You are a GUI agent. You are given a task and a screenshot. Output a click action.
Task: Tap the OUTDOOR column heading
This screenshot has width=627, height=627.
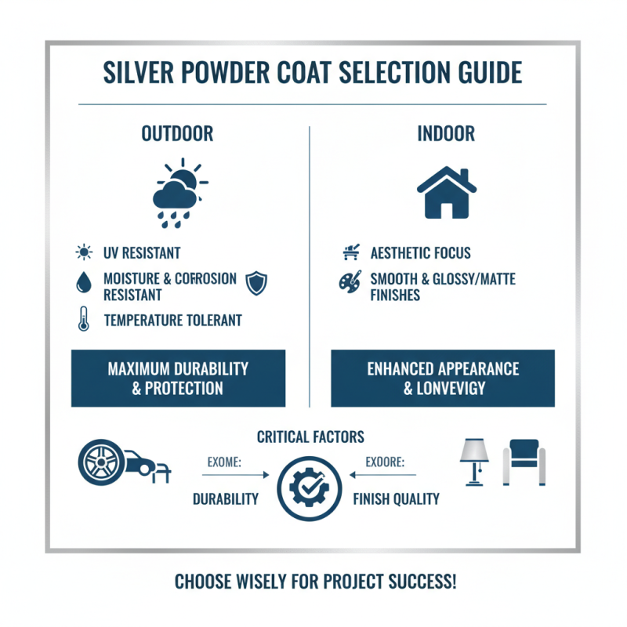coord(177,134)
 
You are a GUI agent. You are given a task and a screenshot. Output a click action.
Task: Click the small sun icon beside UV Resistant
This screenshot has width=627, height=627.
coord(82,252)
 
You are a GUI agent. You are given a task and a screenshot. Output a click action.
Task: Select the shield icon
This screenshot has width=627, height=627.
coord(256,283)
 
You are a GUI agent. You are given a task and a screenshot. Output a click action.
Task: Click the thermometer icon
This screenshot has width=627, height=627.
coord(83,320)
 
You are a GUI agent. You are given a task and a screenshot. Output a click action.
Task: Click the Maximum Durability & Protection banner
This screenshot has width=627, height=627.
coord(178,378)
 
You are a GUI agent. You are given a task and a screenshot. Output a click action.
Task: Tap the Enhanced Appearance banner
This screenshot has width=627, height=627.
coord(443,378)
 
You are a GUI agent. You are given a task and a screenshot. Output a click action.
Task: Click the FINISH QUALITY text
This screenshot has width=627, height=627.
coord(396,499)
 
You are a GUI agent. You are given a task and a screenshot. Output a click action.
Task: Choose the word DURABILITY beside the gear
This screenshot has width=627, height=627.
coord(226,499)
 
